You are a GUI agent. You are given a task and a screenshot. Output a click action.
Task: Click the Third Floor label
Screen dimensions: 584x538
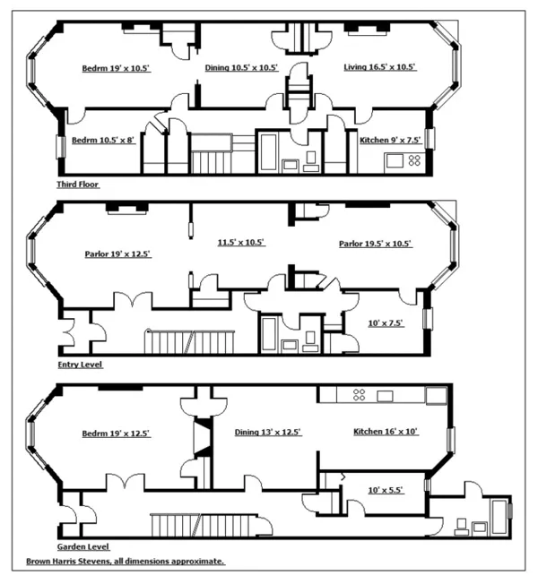coord(77,184)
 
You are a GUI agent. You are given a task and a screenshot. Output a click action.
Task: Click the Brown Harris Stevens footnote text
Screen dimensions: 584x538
coord(125,562)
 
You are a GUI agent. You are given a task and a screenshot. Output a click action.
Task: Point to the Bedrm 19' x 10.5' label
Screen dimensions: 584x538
coord(117,68)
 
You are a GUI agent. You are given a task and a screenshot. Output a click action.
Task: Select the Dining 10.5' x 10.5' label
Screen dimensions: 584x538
coord(242,68)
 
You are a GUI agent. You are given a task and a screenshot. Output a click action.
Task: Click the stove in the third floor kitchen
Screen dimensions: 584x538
coord(414,160)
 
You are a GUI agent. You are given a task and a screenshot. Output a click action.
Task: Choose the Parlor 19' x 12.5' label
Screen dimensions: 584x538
coord(117,254)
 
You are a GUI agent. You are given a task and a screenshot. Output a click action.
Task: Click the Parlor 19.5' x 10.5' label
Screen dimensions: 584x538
coord(375,244)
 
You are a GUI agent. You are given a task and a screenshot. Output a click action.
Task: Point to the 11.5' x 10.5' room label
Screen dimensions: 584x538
coord(242,243)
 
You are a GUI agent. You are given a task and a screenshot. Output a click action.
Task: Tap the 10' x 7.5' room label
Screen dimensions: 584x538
coord(387,322)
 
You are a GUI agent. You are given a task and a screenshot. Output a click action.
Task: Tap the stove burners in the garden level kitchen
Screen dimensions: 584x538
coord(358,395)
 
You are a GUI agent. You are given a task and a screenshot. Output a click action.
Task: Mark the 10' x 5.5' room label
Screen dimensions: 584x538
coord(387,490)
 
